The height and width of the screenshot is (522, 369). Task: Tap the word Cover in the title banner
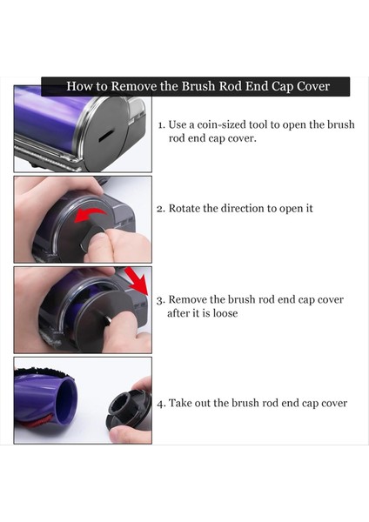(313, 86)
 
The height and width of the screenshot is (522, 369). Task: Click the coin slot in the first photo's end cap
(106, 137)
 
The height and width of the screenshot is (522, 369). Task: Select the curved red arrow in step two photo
(90, 215)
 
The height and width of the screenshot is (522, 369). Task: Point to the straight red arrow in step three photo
(137, 281)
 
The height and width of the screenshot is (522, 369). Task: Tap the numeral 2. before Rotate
(161, 209)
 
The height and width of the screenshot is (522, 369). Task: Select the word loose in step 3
(225, 313)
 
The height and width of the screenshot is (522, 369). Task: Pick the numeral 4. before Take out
(161, 404)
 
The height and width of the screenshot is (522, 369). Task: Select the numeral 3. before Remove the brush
(161, 300)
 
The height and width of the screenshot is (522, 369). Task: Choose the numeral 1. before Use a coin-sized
(162, 125)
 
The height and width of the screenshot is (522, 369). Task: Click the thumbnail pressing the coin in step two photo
(99, 238)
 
